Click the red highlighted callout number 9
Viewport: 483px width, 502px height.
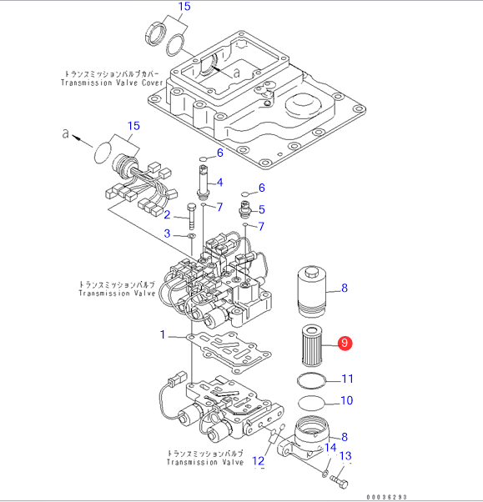click(345, 344)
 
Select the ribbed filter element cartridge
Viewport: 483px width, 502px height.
click(311, 346)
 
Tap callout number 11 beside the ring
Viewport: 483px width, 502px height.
click(348, 379)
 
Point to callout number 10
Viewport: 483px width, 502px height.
click(347, 400)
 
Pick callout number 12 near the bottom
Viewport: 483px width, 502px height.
click(259, 461)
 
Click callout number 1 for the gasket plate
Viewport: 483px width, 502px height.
click(163, 334)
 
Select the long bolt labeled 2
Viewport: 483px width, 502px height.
click(191, 217)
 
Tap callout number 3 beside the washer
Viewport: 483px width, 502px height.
click(167, 233)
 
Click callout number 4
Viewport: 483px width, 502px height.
click(219, 183)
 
